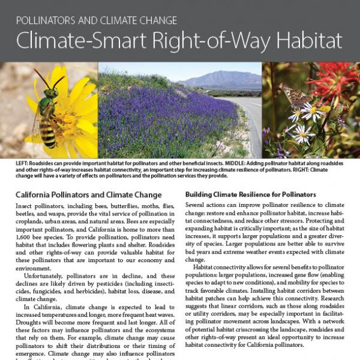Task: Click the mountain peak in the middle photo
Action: [217, 74]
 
